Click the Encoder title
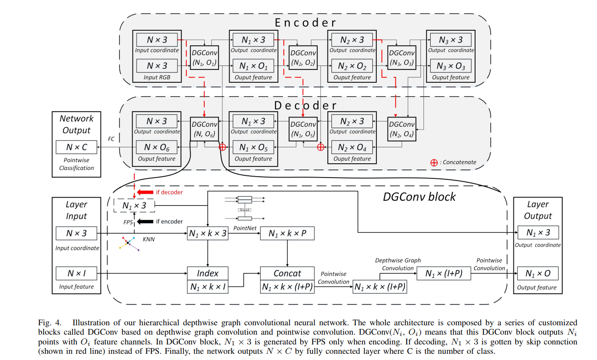pos(305,22)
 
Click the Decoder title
pos(305,105)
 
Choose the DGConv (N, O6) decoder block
pos(204,129)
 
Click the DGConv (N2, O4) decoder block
pos(401,129)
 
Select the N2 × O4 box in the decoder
pos(352,147)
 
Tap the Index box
pos(208,273)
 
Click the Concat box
pos(287,273)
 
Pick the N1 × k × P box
pos(287,234)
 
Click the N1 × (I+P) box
pos(444,274)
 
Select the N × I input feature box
pos(77,273)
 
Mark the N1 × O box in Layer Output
pos(538,273)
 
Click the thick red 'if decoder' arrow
pos(144,192)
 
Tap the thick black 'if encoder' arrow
pos(144,221)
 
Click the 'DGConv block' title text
pos(419,197)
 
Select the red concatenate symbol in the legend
pos(434,162)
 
